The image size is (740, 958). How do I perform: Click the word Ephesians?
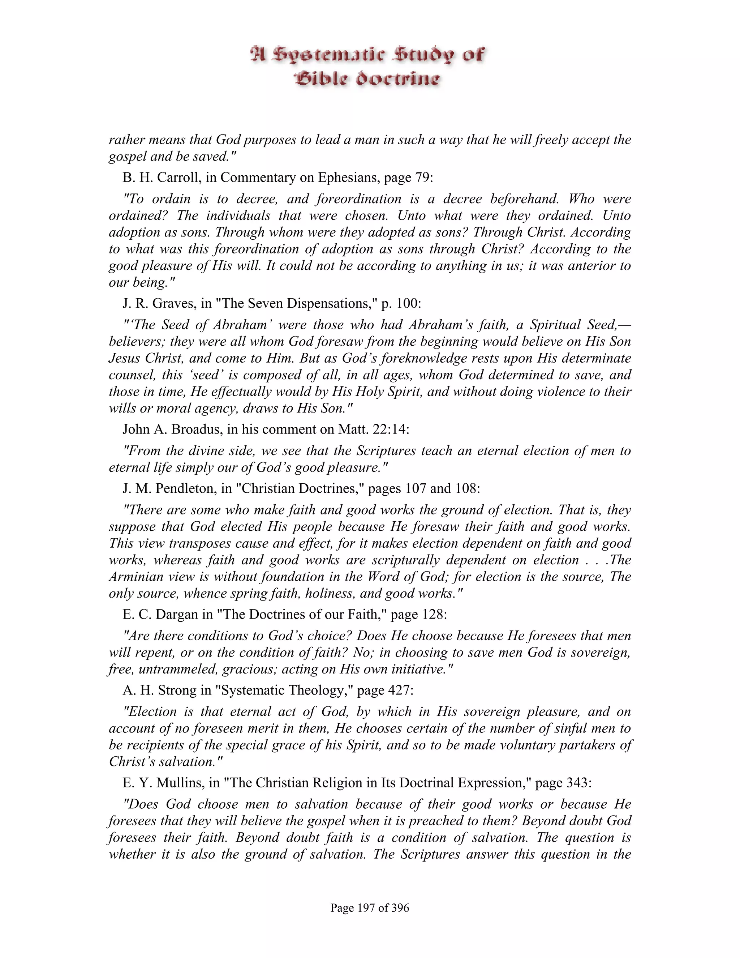pyautogui.click(x=349, y=177)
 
